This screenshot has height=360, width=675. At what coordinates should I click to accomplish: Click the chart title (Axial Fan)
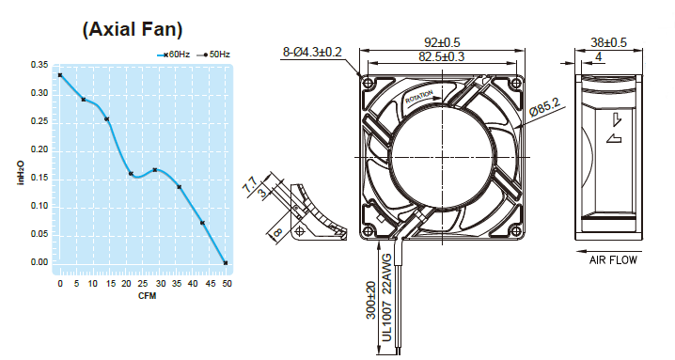pyautogui.click(x=133, y=29)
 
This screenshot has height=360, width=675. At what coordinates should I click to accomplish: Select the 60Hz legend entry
pyautogui.click(x=174, y=55)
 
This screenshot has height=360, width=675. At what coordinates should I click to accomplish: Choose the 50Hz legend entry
pyautogui.click(x=213, y=55)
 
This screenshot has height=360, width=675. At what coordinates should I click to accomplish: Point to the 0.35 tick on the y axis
pyautogui.click(x=39, y=65)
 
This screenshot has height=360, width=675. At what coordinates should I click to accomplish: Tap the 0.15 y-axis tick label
pyautogui.click(x=39, y=178)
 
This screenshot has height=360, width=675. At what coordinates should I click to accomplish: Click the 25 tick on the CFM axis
pyautogui.click(x=143, y=284)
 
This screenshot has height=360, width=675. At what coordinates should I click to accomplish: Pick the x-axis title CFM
pyautogui.click(x=148, y=296)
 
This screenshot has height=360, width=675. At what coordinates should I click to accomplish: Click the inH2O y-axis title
pyautogui.click(x=21, y=172)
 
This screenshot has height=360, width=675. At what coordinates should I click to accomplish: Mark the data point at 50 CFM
pyautogui.click(x=226, y=262)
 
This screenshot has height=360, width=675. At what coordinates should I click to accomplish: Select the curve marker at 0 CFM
pyautogui.click(x=60, y=75)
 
